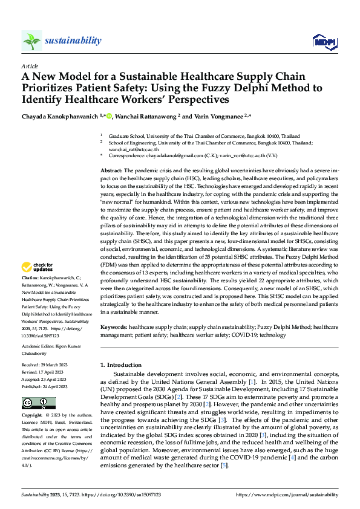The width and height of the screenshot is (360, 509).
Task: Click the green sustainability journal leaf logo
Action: tap(31, 41)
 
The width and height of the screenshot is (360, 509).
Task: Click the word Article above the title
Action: tap(29, 66)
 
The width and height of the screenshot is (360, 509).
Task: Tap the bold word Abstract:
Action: tap(111, 172)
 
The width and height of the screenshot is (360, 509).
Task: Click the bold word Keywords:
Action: tap(114, 326)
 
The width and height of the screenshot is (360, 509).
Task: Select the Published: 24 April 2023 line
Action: tap(47, 386)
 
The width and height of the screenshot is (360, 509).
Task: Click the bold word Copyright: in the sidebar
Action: tap(33, 416)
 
